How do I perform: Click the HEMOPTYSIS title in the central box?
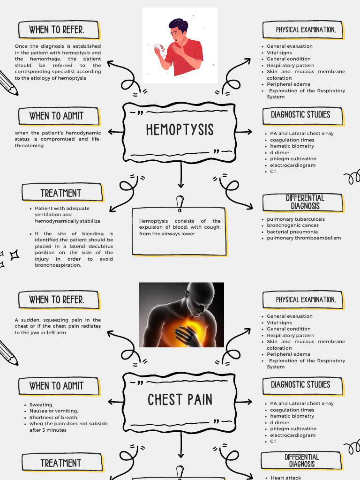click(180, 130)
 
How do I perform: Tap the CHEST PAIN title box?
click(180, 400)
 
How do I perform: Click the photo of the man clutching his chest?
click(181, 315)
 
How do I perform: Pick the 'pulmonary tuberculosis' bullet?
click(295, 219)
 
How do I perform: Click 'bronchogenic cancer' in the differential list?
click(292, 225)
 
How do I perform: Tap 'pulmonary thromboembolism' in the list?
click(304, 238)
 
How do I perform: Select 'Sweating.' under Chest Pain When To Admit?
click(41, 405)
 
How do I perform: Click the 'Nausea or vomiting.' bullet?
click(53, 411)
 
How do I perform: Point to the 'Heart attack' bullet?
click(286, 478)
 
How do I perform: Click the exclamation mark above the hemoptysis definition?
click(179, 203)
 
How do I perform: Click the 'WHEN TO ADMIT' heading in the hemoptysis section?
click(56, 116)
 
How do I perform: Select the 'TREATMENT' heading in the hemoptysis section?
click(61, 193)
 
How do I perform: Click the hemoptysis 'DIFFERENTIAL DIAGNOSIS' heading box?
click(305, 202)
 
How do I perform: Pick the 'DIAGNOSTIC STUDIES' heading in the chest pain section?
click(300, 385)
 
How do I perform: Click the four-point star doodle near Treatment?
click(14, 255)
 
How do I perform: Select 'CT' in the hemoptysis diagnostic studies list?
click(273, 172)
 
